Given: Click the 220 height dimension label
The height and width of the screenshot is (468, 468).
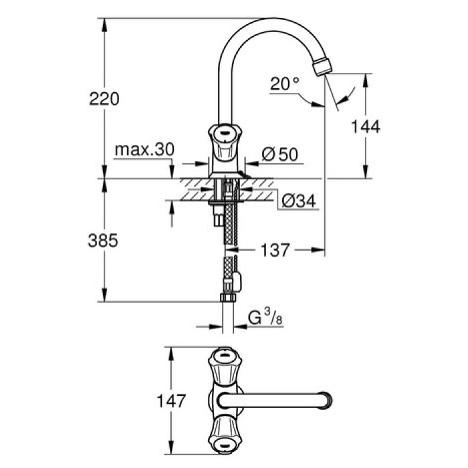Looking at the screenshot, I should (x=104, y=99).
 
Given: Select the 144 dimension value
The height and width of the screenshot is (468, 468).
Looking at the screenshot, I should (x=366, y=126).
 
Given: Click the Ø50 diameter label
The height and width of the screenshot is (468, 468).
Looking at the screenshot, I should (x=279, y=154).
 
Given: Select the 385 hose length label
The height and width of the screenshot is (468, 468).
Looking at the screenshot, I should (x=104, y=241).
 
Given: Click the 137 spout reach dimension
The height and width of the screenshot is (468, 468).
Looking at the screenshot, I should (x=275, y=250).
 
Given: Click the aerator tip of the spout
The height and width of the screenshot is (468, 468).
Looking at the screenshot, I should (x=322, y=66).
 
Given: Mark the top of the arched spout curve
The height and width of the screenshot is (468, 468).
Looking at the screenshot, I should (x=267, y=21).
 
